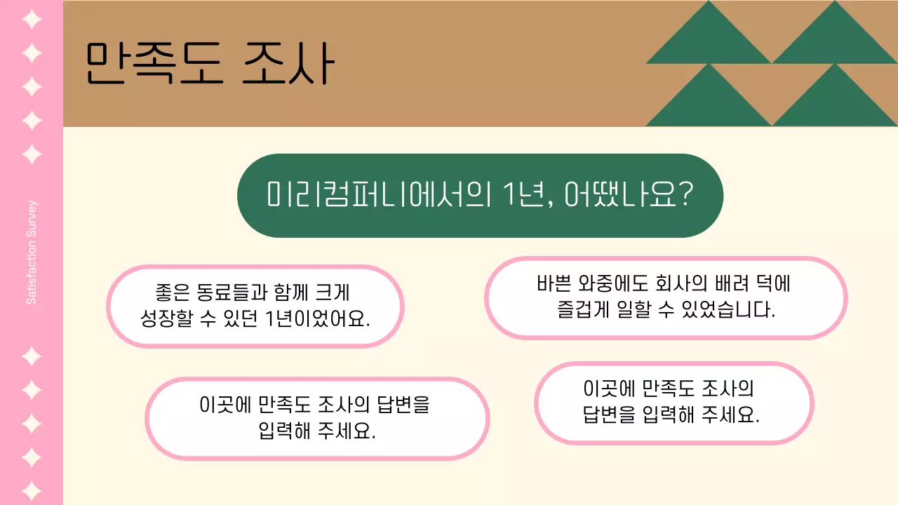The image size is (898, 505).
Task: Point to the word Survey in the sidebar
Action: pyautogui.click(x=32, y=218)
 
